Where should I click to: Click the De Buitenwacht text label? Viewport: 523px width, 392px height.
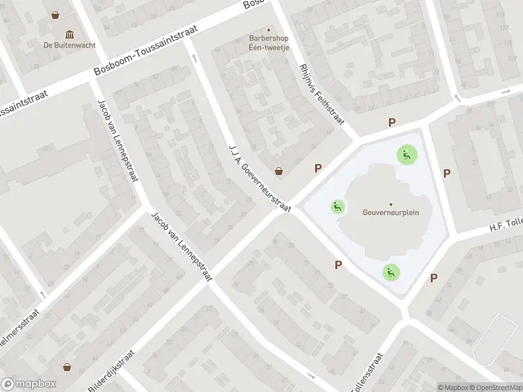(69, 45)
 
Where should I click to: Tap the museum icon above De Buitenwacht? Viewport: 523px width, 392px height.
(69, 34)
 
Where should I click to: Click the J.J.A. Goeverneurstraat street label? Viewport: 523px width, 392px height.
(259, 177)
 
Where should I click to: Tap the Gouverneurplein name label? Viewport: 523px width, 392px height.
(391, 212)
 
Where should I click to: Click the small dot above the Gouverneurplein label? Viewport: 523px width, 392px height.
(391, 204)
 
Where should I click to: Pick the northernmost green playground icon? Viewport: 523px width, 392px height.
(407, 155)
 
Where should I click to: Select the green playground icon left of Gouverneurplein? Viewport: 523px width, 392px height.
(337, 207)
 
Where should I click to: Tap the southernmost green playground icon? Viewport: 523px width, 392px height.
(391, 272)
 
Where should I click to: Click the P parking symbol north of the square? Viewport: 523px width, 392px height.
(392, 122)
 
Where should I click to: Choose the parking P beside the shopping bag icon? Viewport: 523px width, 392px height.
(318, 168)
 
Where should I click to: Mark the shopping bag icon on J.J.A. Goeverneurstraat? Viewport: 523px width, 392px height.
(280, 171)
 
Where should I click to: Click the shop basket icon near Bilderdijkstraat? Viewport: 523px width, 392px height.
(66, 367)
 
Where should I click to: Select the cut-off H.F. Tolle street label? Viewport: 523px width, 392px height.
(507, 225)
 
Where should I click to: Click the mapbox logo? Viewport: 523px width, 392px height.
(29, 384)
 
